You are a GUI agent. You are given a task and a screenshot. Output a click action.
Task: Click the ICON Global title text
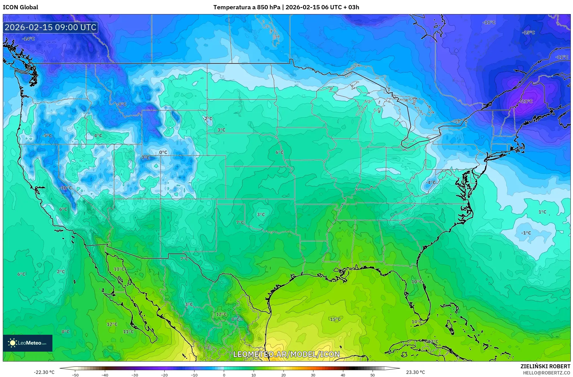coord(20,7)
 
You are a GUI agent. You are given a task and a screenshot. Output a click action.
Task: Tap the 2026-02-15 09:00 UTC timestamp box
coord(50,27)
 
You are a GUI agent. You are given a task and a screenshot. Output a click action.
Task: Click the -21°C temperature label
coord(526,101)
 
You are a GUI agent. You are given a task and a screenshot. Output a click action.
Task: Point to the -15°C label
coord(528,33)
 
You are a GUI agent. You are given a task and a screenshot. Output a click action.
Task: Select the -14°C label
coord(28,39)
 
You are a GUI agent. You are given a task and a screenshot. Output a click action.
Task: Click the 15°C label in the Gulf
coord(335,319)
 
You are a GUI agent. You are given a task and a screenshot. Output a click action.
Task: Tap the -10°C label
coord(66,188)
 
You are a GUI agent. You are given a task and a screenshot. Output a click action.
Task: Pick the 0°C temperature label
coord(163,152)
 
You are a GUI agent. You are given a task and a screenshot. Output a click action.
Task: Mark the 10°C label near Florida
coord(417,282)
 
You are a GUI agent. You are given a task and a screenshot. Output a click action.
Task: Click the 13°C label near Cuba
coord(433,341)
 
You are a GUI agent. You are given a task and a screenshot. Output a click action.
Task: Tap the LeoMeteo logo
coord(28,343)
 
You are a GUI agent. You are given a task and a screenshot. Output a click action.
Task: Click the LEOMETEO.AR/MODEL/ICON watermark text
coord(286,354)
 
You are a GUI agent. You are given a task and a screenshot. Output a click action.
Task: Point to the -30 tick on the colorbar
coord(135,375)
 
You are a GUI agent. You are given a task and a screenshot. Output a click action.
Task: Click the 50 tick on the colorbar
coord(373,375)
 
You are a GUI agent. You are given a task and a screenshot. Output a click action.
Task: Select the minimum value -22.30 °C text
coord(44,372)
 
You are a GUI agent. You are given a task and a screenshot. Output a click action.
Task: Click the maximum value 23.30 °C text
coord(415,372)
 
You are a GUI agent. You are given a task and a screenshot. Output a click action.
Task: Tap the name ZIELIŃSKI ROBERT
coord(545,367)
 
